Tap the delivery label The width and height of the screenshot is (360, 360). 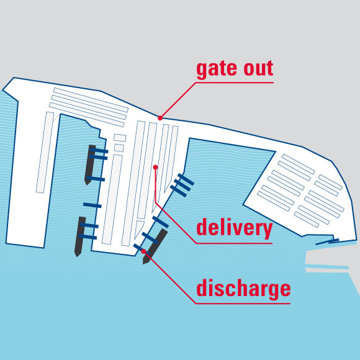coord(235,228)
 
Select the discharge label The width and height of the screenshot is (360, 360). coord(243,289)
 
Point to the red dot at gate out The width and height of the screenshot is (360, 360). coord(160,118)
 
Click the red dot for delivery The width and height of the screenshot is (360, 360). coord(155,167)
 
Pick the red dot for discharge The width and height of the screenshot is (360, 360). coord(144,251)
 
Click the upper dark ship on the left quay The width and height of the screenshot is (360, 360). coord(90,164)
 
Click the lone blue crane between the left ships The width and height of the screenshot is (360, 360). coord(92,205)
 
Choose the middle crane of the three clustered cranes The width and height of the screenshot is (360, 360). coord(182,185)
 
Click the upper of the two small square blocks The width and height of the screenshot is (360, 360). coord(120,137)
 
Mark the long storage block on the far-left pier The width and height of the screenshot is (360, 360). coord(45,152)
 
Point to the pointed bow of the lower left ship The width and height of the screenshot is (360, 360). coord(78,256)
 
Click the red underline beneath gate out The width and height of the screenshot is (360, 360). coord(235,83)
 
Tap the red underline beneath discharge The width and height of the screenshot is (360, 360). coord(243,304)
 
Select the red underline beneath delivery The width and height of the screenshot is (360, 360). coord(234,243)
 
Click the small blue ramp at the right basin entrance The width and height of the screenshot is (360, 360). coord(327,241)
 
